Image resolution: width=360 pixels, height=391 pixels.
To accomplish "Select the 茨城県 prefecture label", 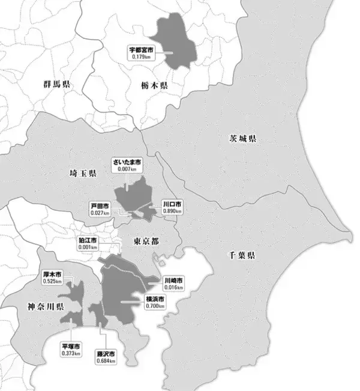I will pos(242,139).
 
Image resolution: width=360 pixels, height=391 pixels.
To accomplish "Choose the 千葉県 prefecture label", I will pos(241,255).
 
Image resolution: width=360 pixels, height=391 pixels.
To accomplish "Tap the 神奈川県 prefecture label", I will pos(46,307).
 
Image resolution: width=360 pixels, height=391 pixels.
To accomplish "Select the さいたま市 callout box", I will pos(127,165).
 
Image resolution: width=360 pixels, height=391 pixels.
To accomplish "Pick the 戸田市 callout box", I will pos(99,208).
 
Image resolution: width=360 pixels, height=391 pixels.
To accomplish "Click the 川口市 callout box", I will pos(172,208).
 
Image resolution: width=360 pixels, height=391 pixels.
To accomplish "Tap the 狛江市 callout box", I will pos(88,243).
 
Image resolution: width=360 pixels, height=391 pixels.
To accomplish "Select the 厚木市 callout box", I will pos(52,277).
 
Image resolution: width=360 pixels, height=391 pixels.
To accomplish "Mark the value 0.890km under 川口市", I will pos(172,212).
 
